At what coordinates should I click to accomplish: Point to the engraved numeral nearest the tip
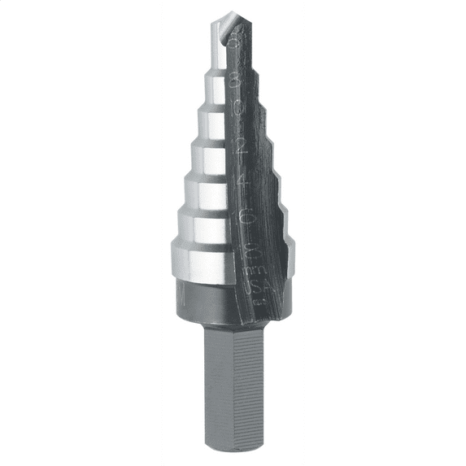(237, 39)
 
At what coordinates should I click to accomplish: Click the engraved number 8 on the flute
(236, 80)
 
